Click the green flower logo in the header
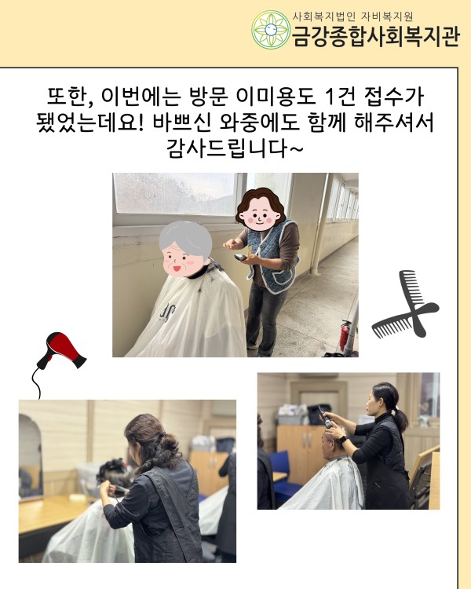[x=270, y=30]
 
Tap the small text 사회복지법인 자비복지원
[x=352, y=16]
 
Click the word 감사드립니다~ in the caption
[x=235, y=148]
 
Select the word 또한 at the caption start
[x=68, y=97]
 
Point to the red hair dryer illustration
[x=62, y=349]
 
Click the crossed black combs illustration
[x=405, y=304]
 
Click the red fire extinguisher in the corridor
[x=345, y=335]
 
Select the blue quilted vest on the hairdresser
[x=273, y=255]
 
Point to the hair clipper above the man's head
[x=325, y=416]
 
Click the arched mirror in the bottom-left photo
[x=31, y=457]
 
